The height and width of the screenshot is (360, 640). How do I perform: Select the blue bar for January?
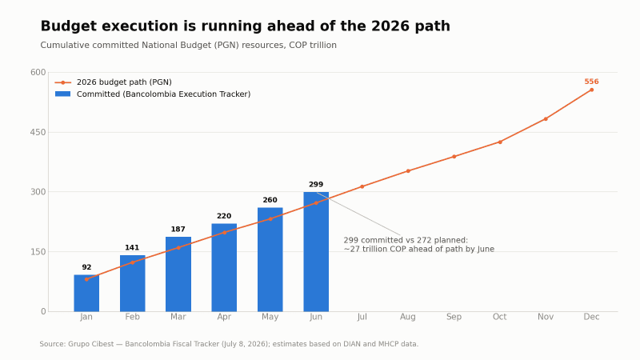point(86,293)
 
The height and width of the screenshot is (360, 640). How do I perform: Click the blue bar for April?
point(224,267)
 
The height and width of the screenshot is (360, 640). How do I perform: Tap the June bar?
point(316,252)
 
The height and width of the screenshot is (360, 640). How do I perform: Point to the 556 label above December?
point(591,82)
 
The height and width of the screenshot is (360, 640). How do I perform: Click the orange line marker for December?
point(591,90)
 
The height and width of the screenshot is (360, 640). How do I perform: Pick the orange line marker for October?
point(499,142)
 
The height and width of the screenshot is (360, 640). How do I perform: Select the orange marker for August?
point(408,171)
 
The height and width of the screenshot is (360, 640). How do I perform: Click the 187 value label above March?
point(178,230)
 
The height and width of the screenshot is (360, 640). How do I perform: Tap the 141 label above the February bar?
point(132,248)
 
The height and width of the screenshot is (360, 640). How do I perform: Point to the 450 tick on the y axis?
point(38,132)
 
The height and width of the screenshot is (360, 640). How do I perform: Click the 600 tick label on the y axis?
point(38,72)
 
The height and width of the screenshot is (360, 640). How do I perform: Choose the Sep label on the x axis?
point(454,317)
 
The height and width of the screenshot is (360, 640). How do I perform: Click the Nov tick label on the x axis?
point(546,317)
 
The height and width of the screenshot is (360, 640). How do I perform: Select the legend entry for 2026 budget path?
point(114,82)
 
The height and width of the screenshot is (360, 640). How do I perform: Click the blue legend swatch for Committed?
point(63,94)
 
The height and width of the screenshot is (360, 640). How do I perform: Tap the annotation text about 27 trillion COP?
point(418,245)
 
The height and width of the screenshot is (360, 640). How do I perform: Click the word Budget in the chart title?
point(68,26)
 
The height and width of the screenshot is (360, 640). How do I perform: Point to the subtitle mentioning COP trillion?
point(189,46)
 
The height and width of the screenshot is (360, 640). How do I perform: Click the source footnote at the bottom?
point(229,344)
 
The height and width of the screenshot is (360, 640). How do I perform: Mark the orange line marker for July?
point(362,186)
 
